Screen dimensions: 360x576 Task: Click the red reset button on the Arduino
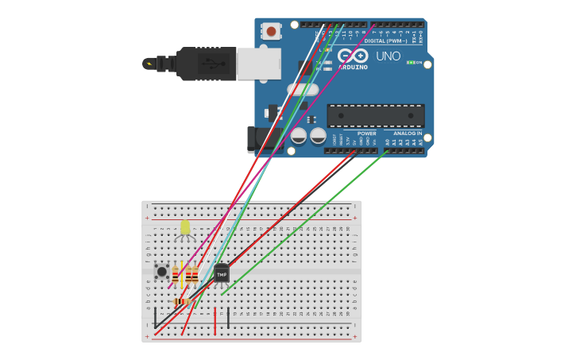pyautogui.click(x=272, y=32)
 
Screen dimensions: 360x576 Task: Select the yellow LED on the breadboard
pyautogui.click(x=185, y=228)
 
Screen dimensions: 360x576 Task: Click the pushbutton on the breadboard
pyautogui.click(x=161, y=272)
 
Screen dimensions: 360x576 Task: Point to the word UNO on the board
pyautogui.click(x=388, y=56)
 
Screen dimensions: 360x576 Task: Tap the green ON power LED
pyautogui.click(x=410, y=62)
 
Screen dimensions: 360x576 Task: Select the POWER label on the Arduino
pyautogui.click(x=366, y=134)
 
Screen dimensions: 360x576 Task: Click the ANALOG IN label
pyautogui.click(x=408, y=134)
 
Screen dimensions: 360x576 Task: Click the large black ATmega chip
pyautogui.click(x=375, y=116)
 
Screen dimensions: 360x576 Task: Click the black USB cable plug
pyautogui.click(x=205, y=64)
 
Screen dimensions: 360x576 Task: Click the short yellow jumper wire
pyautogui.click(x=182, y=274)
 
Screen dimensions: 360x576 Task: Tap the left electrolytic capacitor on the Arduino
pyautogui.click(x=299, y=136)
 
